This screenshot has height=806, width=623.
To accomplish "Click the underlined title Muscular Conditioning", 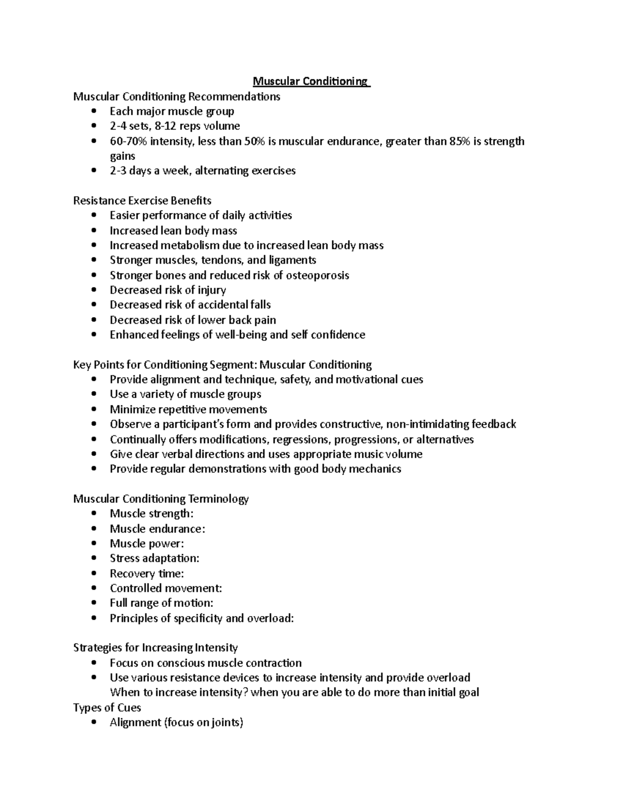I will coord(310,81).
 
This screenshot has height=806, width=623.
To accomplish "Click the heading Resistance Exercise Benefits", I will coord(142,200).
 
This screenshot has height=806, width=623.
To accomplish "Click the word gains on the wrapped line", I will coord(123,156).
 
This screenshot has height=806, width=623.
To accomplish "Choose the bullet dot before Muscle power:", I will coord(93,544).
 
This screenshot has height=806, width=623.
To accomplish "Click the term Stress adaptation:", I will coord(154,558).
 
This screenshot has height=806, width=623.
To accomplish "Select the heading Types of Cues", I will coord(107,707).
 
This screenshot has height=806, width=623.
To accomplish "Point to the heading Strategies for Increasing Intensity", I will coord(155,648).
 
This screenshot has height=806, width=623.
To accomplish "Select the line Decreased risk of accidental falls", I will coord(190,305).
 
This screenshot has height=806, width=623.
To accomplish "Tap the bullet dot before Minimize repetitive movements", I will coord(93,409).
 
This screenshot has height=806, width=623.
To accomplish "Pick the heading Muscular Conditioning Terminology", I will coord(161,499).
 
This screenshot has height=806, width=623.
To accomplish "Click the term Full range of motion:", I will coord(161,603).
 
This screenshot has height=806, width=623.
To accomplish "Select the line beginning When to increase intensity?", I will coord(294,692).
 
